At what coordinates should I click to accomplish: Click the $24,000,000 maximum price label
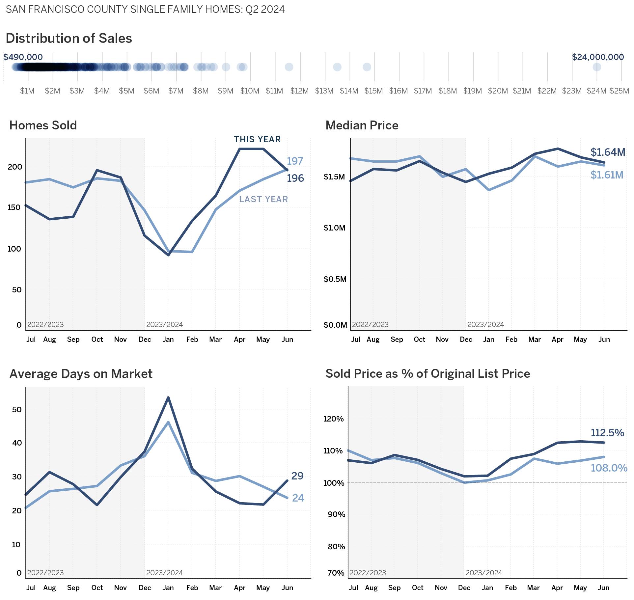(597, 57)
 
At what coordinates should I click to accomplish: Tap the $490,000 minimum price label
(23, 57)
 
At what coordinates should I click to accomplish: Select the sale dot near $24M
(596, 67)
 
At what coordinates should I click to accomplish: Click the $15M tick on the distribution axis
(373, 91)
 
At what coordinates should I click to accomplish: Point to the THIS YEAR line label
(257, 139)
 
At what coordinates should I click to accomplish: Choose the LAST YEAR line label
(263, 199)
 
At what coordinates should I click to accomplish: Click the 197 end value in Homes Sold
(295, 161)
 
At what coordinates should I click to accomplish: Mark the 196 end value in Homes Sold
(295, 178)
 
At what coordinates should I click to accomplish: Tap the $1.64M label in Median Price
(608, 152)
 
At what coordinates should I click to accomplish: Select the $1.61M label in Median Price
(607, 175)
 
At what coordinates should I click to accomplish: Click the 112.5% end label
(607, 433)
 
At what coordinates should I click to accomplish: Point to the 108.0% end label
(609, 468)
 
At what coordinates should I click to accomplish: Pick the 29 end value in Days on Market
(297, 476)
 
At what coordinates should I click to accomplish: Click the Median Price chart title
(362, 125)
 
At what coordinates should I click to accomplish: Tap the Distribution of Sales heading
(69, 38)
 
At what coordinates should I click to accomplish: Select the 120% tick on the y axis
(333, 419)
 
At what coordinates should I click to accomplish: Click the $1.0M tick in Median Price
(334, 228)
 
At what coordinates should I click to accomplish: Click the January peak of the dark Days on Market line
(168, 397)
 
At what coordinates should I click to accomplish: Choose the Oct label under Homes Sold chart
(97, 340)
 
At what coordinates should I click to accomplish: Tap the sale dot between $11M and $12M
(289, 67)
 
